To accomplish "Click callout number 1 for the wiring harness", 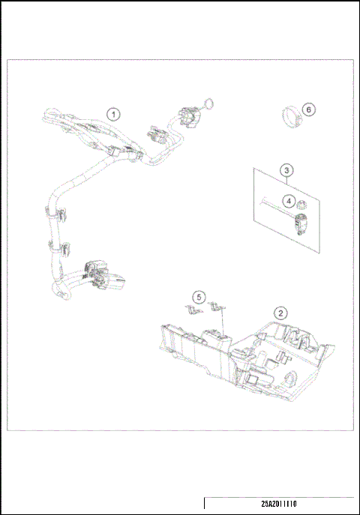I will tap(112, 115).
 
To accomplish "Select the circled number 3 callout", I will tap(286, 171).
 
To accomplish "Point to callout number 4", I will tap(288, 200).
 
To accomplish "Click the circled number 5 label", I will tap(198, 297).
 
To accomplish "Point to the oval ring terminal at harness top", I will tap(208, 104).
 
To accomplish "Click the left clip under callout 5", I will tap(192, 308).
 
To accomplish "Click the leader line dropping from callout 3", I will tap(286, 180).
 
